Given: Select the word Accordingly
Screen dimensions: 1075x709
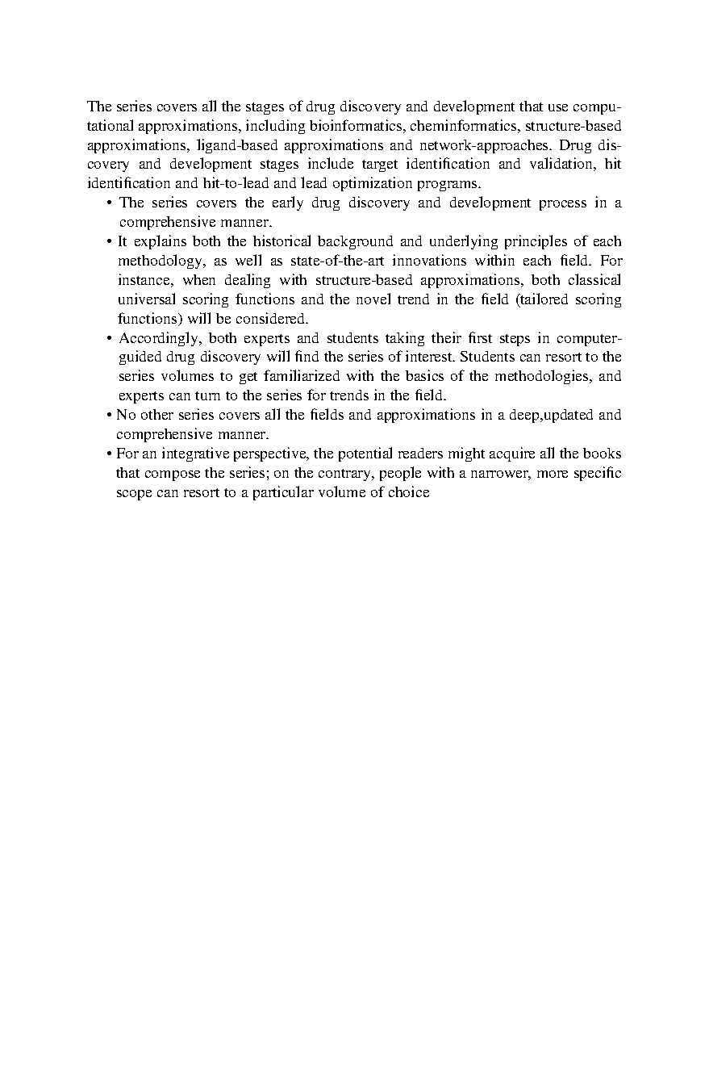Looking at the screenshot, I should point(157,338).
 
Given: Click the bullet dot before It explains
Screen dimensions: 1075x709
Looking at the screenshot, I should point(109,242).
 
